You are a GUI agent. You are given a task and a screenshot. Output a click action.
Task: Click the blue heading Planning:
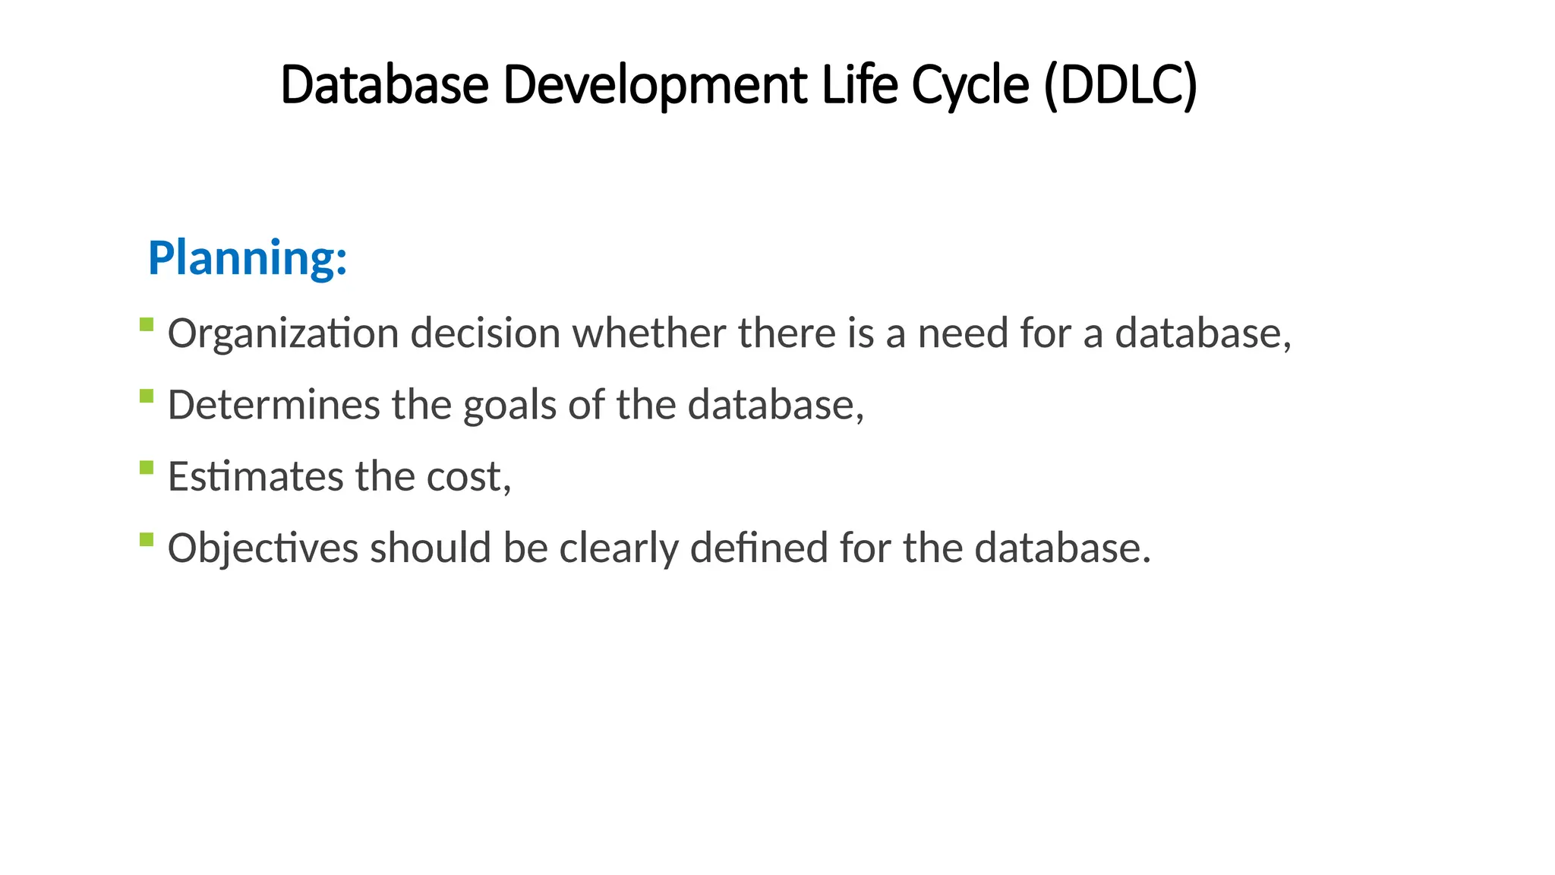(248, 258)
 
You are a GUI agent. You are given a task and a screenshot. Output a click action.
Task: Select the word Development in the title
(655, 84)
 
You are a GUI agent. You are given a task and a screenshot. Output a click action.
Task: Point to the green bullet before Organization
(147, 325)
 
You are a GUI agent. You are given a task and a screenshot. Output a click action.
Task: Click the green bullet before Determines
(147, 396)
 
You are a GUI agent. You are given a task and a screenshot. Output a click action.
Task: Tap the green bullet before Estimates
(147, 468)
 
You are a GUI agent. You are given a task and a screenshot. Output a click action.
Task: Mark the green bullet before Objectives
(147, 539)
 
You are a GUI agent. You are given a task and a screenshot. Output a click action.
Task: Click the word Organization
(283, 333)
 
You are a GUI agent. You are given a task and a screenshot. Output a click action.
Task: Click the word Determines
(273, 405)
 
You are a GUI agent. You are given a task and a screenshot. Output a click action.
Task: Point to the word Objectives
(263, 548)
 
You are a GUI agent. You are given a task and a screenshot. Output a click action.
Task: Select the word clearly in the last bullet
(619, 548)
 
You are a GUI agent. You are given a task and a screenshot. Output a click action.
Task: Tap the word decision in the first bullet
(485, 333)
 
